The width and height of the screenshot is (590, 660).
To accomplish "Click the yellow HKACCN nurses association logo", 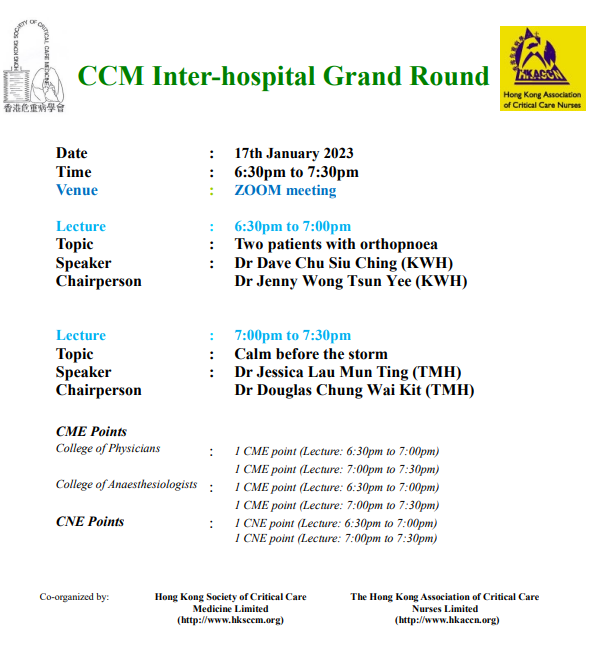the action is pos(542,68).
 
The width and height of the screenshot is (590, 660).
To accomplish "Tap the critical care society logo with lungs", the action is pos(34,66).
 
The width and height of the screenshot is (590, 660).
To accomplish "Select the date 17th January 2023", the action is pos(294,153).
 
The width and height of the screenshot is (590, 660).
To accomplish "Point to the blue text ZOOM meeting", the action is pos(285,190).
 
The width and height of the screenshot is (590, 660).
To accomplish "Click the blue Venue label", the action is pos(77,190).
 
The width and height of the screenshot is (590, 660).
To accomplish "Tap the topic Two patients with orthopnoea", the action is pos(336,244).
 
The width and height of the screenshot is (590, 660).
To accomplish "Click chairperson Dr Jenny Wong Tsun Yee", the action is pos(323,281).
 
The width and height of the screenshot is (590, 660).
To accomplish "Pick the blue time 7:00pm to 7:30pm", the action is pos(292,335).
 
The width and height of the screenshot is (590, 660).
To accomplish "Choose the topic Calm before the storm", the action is pos(311,354).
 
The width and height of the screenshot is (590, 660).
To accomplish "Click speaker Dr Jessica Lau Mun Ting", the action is pos(321,372).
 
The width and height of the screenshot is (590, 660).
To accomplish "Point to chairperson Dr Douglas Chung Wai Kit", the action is pos(328,390).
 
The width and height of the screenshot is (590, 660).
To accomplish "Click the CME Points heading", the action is pos(91,431).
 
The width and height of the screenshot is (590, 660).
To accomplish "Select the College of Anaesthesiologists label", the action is pos(126,484).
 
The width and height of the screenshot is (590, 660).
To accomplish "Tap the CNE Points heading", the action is pos(90,522).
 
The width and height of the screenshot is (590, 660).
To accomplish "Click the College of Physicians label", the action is pos(108,448).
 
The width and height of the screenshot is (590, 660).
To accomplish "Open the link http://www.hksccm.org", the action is pos(231,620).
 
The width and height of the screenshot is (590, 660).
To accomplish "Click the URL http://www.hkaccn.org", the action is pos(447,620).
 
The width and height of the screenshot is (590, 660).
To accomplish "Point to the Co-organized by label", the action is pos(74,597).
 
